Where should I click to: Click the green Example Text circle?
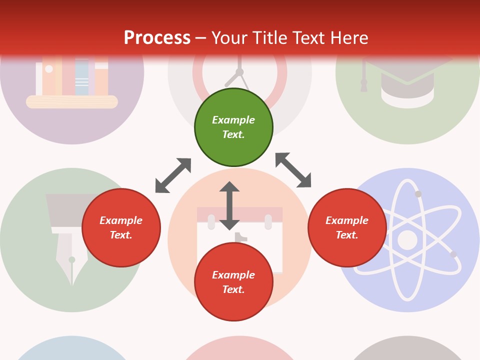233,127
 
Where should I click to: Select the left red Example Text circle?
121,227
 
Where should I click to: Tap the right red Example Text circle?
347,227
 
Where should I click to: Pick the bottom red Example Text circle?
233,282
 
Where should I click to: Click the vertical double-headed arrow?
229,205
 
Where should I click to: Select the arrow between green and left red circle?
173,175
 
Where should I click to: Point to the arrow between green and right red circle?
293,170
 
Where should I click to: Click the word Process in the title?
157,38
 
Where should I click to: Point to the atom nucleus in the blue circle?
407,240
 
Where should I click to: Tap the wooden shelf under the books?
72,102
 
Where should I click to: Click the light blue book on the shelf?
82,77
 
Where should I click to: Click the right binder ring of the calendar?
268,221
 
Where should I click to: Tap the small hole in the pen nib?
72,259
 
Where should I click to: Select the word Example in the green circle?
233,120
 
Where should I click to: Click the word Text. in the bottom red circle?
233,289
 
